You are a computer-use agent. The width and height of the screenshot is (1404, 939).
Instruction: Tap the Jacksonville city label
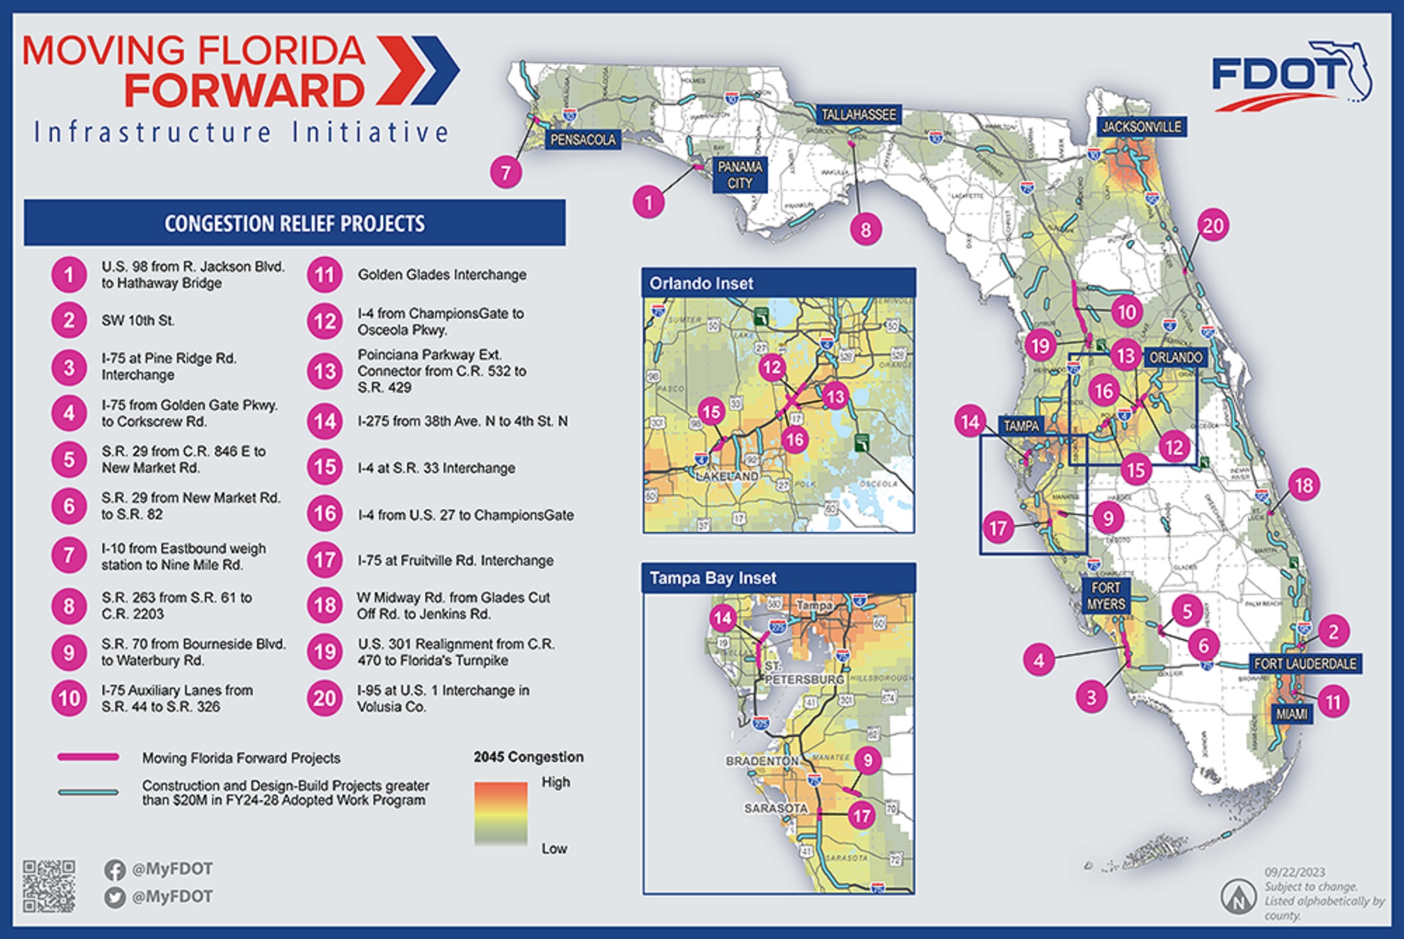click(1141, 127)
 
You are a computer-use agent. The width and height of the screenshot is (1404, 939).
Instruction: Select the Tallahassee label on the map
click(858, 114)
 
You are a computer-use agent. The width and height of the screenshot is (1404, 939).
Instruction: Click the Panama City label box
click(740, 175)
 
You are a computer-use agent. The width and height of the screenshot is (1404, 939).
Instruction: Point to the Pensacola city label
click(583, 140)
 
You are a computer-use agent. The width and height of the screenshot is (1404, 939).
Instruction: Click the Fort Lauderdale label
click(1304, 663)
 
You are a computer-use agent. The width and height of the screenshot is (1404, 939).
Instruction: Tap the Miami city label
click(1291, 714)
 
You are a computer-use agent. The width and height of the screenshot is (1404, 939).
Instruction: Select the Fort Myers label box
click(1106, 595)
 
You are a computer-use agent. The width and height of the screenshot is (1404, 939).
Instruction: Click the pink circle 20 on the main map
click(1213, 226)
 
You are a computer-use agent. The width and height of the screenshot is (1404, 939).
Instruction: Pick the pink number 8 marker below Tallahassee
click(866, 229)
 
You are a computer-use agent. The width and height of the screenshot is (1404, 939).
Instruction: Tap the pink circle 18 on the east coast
click(1304, 485)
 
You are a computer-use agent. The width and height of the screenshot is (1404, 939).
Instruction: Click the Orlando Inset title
click(701, 284)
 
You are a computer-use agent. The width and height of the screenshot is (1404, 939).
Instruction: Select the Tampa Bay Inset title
click(713, 578)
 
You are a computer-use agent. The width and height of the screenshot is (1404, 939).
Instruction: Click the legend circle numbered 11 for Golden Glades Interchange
click(324, 274)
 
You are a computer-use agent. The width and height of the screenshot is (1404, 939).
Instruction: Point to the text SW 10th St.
click(138, 321)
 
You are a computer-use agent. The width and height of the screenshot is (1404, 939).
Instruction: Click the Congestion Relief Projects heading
click(294, 223)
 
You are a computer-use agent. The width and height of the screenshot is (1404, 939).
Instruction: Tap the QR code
click(48, 886)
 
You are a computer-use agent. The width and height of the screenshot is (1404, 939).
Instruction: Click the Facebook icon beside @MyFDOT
click(114, 870)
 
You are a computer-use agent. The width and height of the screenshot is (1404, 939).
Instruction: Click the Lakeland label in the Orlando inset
click(727, 476)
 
